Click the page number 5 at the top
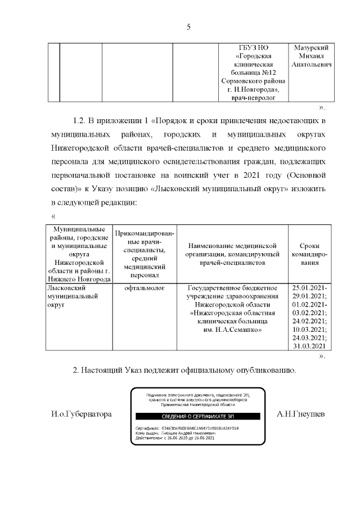188,26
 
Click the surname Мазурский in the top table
311,47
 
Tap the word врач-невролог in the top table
256,98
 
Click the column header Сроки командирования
309,254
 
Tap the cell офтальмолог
144,287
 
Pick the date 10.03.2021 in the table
309,329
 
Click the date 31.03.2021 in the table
309,346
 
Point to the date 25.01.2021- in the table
310,287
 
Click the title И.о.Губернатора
81,414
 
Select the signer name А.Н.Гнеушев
300,414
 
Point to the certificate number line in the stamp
187,427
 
